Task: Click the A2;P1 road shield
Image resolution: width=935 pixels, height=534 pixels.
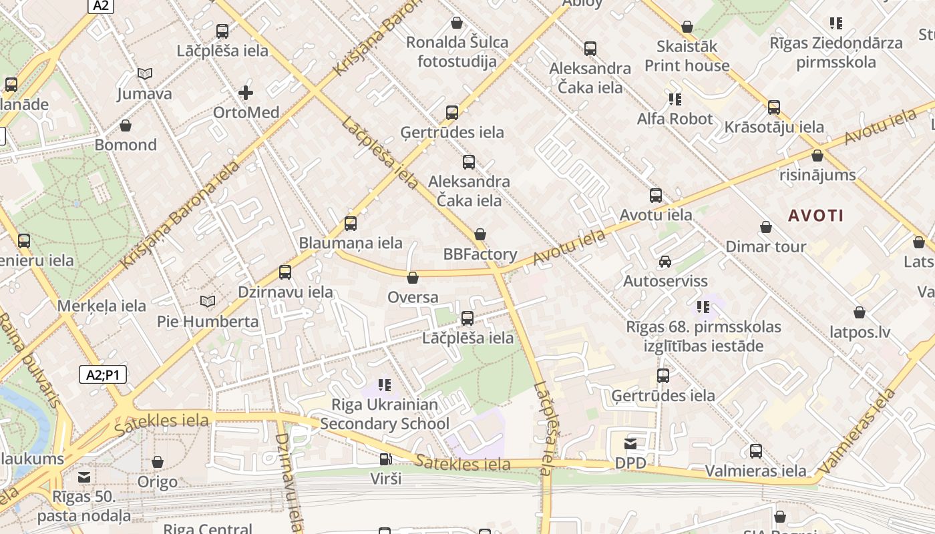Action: [103, 374]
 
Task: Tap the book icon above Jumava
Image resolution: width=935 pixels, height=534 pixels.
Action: [145, 74]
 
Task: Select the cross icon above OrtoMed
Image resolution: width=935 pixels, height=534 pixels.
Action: [246, 93]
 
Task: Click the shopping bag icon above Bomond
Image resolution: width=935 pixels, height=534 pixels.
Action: [126, 125]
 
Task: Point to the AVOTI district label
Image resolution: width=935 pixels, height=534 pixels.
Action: [815, 216]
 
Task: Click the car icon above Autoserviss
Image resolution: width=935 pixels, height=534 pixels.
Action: [665, 262]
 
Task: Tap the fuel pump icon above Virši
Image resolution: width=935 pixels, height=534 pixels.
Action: [385, 459]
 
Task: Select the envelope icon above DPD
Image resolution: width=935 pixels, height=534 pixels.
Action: [630, 444]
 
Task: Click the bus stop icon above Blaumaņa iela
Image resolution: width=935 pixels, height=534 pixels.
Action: [351, 224]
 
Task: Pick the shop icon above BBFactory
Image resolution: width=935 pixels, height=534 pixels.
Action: [480, 235]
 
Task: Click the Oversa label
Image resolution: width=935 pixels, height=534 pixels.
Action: [413, 297]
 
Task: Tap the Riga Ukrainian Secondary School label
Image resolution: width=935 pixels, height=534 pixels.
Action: [385, 414]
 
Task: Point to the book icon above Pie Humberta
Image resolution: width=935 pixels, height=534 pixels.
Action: [208, 302]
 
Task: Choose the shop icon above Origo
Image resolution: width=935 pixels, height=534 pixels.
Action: [158, 462]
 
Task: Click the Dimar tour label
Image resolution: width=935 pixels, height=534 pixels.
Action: [765, 246]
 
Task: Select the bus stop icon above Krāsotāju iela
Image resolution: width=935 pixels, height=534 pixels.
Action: [774, 107]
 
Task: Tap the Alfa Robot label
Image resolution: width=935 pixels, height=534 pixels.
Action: [675, 119]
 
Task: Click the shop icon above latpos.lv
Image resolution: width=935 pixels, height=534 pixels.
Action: [860, 312]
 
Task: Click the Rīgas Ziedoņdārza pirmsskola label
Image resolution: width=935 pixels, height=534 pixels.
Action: [835, 53]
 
